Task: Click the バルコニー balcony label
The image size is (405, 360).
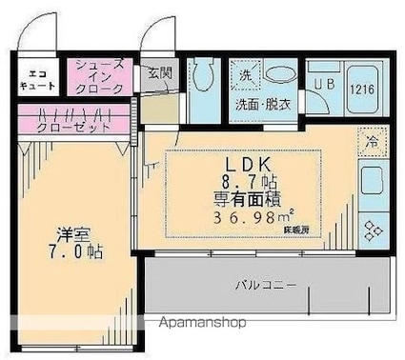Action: pos(266,285)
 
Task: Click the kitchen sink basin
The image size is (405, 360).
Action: pos(370,178)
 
